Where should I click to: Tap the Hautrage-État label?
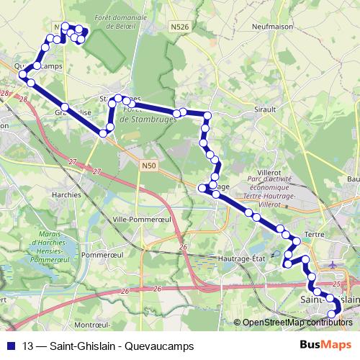239,256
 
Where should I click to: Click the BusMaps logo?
325,345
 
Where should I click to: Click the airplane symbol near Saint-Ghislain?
332,264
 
